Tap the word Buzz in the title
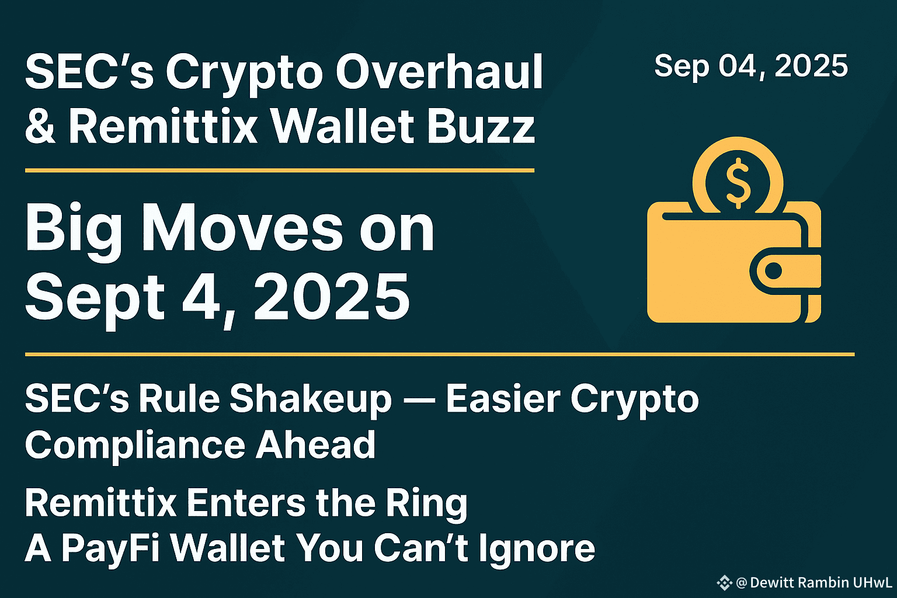point(481,126)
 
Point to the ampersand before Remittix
point(40,126)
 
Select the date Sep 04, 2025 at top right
point(751,66)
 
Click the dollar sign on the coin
point(738,183)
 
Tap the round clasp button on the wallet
point(773,271)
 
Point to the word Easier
point(503,398)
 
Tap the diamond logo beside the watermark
point(724,583)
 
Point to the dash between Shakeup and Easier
point(419,399)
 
